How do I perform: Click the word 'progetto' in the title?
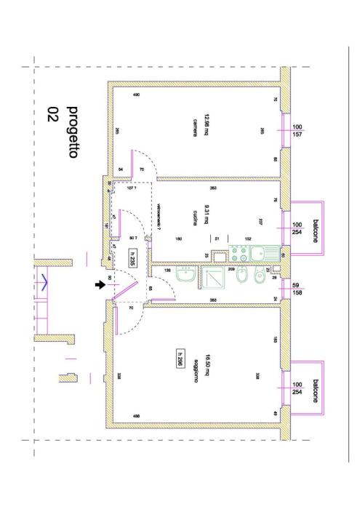(x=73, y=127)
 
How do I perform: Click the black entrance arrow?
(x=100, y=285)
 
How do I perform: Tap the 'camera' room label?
(x=195, y=121)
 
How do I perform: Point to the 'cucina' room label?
(x=195, y=217)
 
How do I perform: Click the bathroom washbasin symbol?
(x=188, y=277)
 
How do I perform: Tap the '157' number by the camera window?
(x=297, y=135)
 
